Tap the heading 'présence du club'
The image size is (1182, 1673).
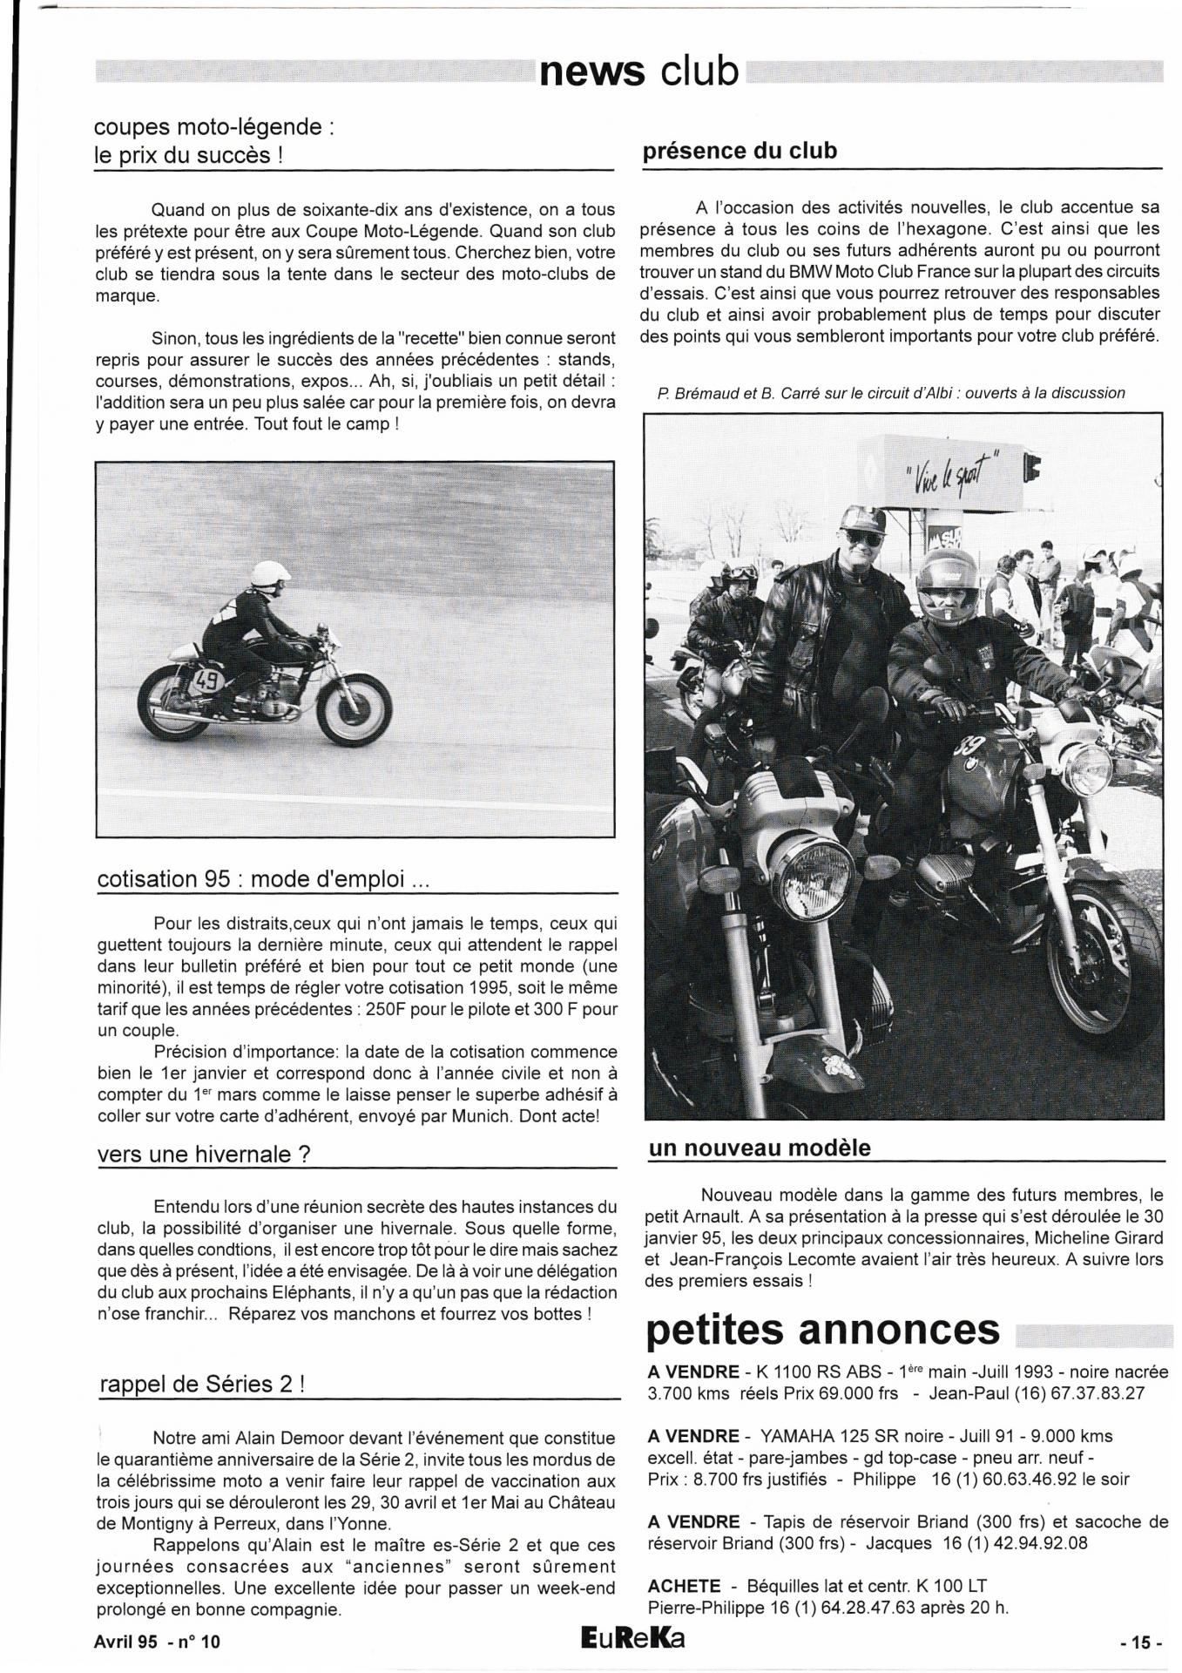click(739, 151)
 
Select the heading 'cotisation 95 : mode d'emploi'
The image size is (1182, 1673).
click(263, 878)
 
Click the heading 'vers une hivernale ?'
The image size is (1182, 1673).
click(204, 1154)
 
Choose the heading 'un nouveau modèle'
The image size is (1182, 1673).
click(759, 1148)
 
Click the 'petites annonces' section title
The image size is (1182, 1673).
click(823, 1330)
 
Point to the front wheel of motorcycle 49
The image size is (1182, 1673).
click(354, 708)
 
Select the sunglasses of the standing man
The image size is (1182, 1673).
click(862, 538)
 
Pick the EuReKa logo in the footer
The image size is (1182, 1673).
click(633, 1638)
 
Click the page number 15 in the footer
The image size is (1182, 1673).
click(1140, 1643)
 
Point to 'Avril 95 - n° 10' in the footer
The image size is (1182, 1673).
click(157, 1642)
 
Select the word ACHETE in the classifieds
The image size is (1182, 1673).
click(685, 1586)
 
